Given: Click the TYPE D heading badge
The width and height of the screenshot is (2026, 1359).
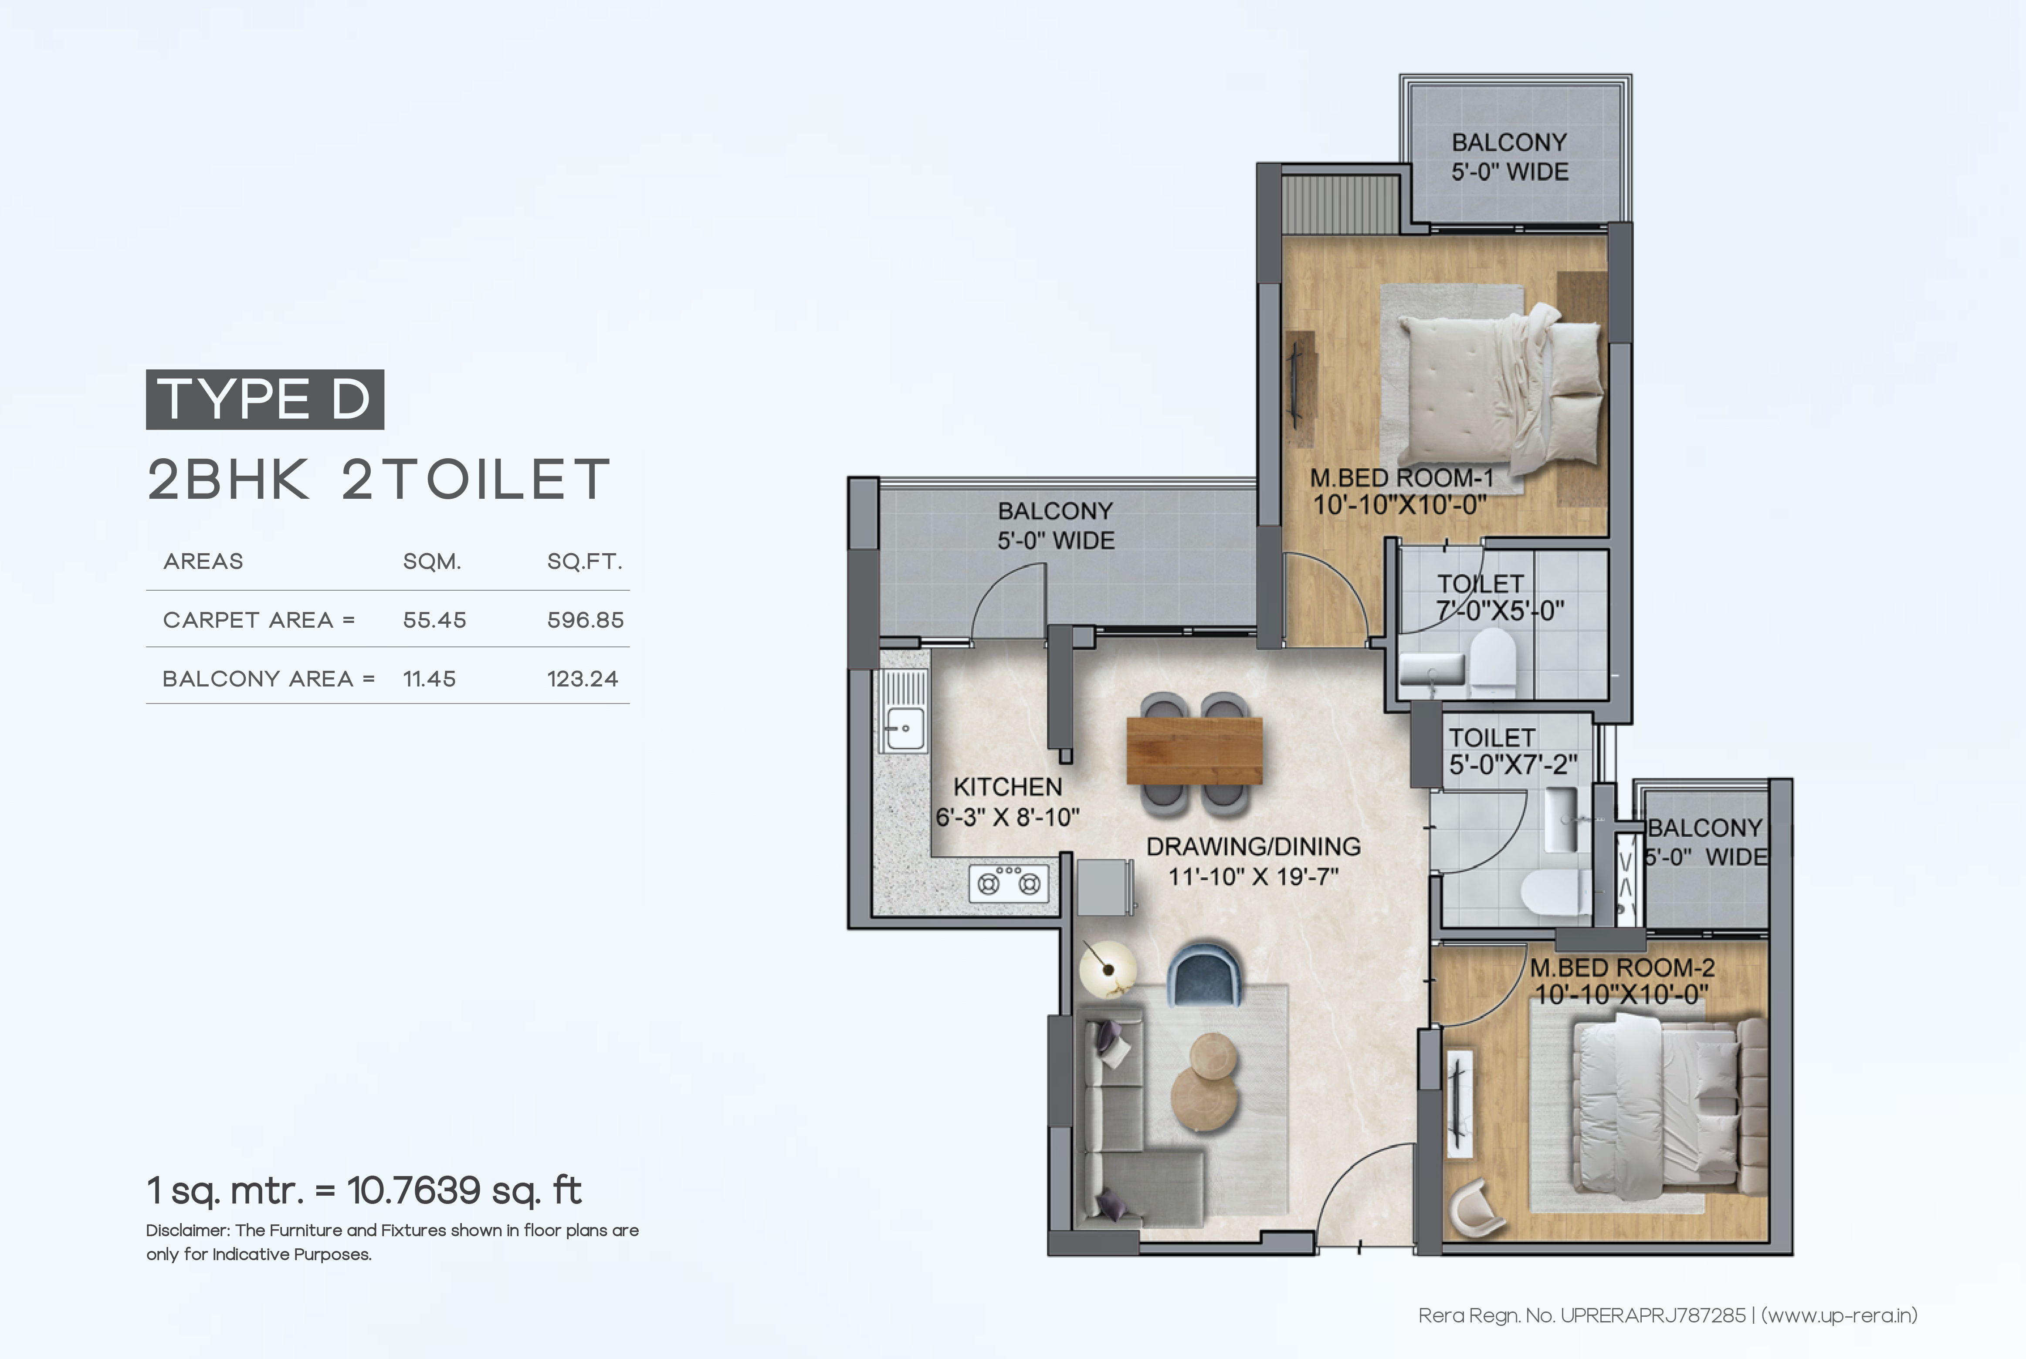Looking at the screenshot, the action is pos(264,399).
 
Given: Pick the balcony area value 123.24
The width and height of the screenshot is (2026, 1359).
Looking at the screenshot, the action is pos(583,679).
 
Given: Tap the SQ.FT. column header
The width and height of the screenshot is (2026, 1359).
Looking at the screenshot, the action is pos(584,561).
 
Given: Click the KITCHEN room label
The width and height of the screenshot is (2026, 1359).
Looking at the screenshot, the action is pos(1007,787).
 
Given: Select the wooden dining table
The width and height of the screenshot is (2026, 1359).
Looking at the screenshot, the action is pos(1194,750).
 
